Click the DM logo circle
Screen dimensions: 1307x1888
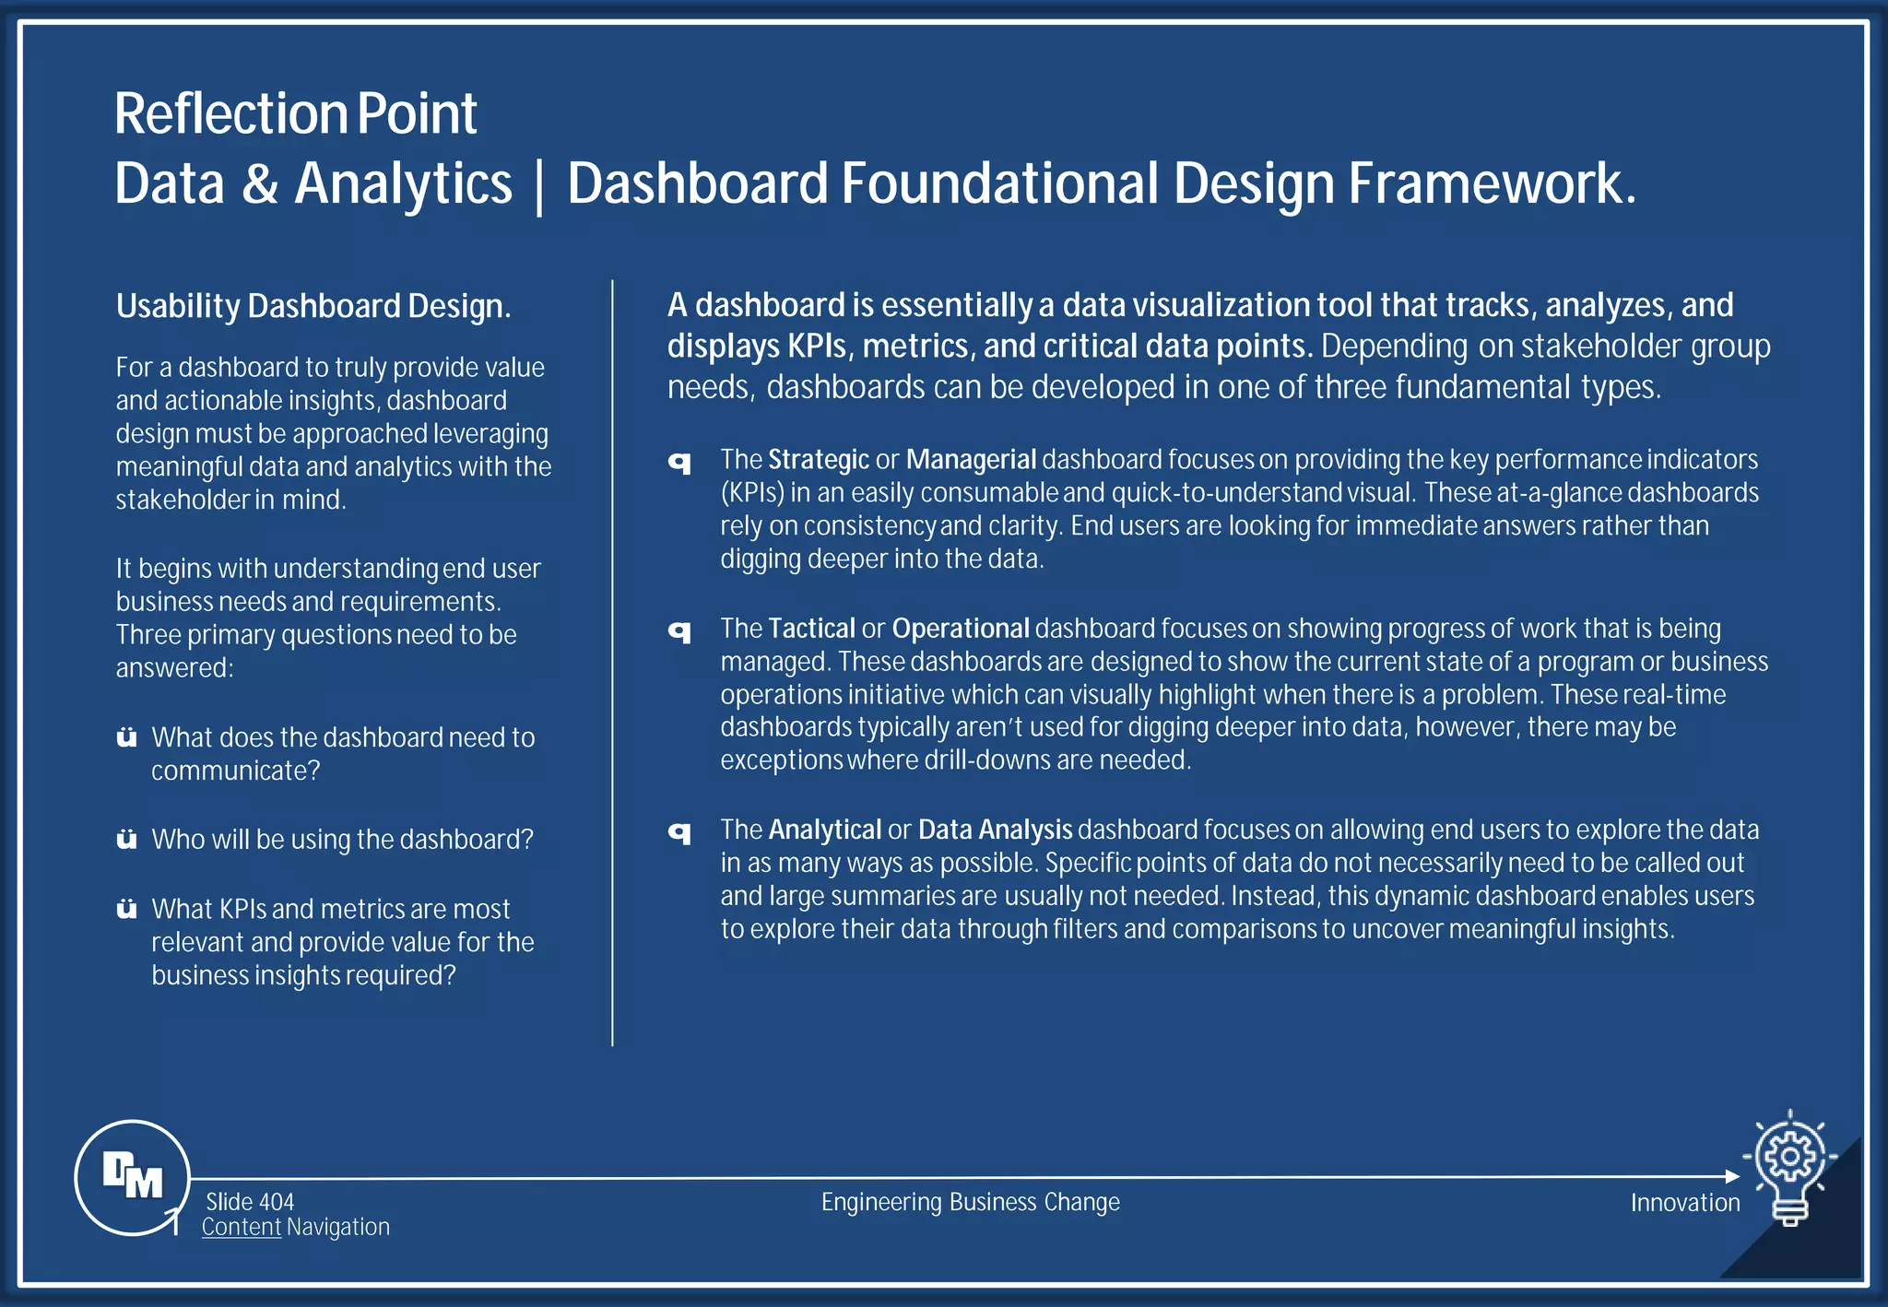(x=132, y=1177)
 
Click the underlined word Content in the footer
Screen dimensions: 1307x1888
(x=242, y=1227)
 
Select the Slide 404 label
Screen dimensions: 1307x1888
(x=250, y=1202)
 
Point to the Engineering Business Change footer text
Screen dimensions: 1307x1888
(x=970, y=1202)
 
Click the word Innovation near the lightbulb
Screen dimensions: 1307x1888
(x=1684, y=1203)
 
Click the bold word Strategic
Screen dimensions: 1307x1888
(x=819, y=459)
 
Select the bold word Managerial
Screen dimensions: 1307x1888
(x=971, y=459)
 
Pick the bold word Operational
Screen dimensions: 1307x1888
(x=960, y=629)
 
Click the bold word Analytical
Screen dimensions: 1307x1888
(x=824, y=830)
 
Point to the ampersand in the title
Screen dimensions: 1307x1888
(x=260, y=183)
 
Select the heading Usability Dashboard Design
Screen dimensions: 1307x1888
(x=313, y=306)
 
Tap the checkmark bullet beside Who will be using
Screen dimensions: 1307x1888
(x=127, y=839)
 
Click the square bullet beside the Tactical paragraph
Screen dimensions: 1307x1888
(x=679, y=631)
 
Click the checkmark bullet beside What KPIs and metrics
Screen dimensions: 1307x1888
(x=127, y=909)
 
